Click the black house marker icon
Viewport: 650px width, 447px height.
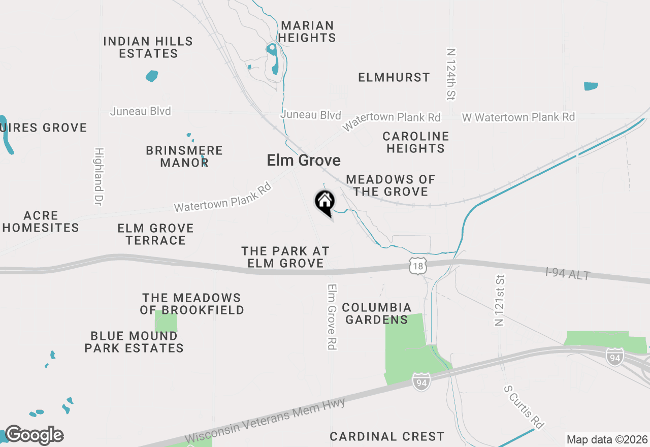click(325, 202)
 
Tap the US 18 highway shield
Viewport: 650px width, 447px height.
click(417, 266)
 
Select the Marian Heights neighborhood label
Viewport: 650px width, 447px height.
click(307, 31)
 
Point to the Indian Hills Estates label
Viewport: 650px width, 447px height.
click(148, 47)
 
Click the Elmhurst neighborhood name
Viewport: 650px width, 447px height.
click(394, 77)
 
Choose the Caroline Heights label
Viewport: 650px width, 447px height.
click(415, 142)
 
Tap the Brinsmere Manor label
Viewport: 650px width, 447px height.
click(184, 156)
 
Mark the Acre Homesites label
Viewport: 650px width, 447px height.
click(41, 221)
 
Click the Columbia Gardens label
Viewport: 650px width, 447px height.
click(376, 313)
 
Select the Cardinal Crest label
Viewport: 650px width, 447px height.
click(387, 436)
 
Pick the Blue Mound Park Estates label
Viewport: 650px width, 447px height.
click(134, 342)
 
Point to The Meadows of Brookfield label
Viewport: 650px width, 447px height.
click(192, 304)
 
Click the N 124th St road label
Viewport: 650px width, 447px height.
click(451, 74)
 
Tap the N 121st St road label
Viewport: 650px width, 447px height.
click(500, 300)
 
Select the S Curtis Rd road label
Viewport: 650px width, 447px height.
click(524, 406)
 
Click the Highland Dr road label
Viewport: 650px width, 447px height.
click(99, 176)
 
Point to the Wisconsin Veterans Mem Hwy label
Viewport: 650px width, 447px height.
click(265, 421)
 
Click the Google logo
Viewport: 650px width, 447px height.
click(34, 435)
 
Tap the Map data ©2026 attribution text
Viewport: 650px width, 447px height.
click(606, 439)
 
